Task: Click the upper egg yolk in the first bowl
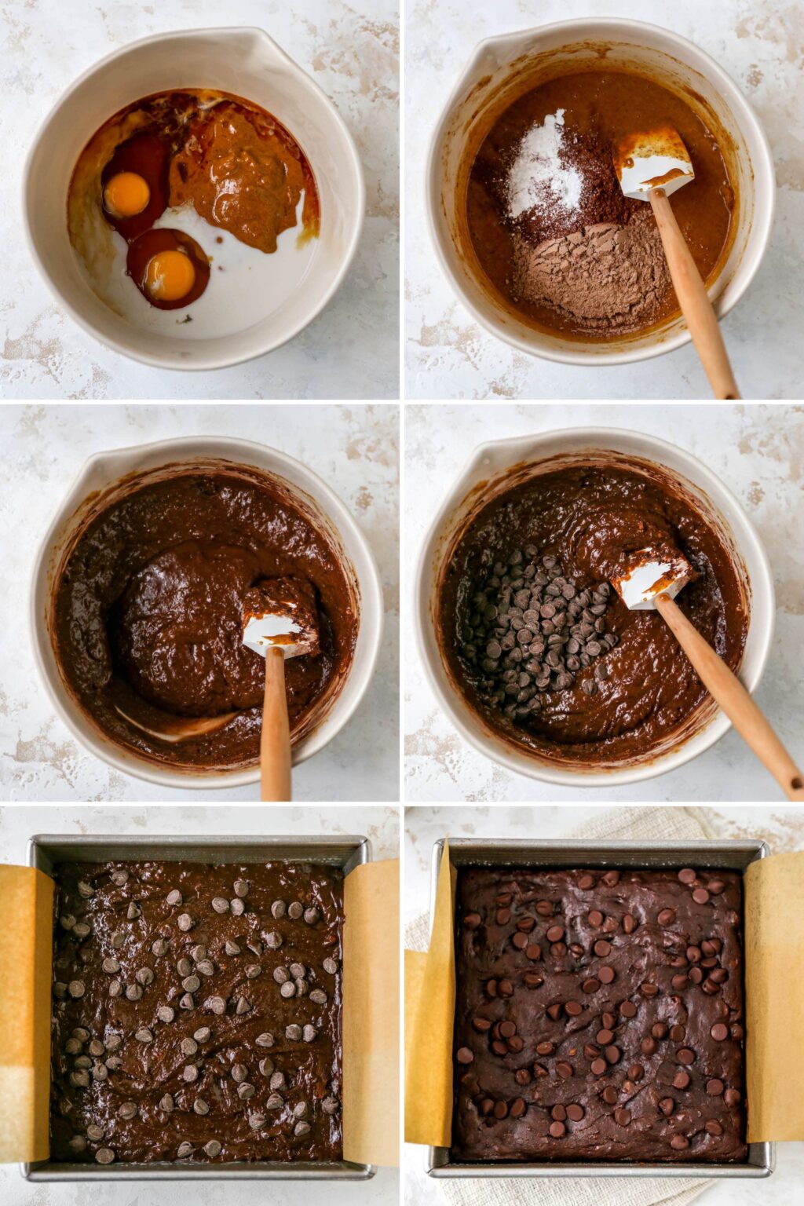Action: click(x=126, y=194)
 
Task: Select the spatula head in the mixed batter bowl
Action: click(x=280, y=620)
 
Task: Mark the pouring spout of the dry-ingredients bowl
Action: click(x=502, y=47)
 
